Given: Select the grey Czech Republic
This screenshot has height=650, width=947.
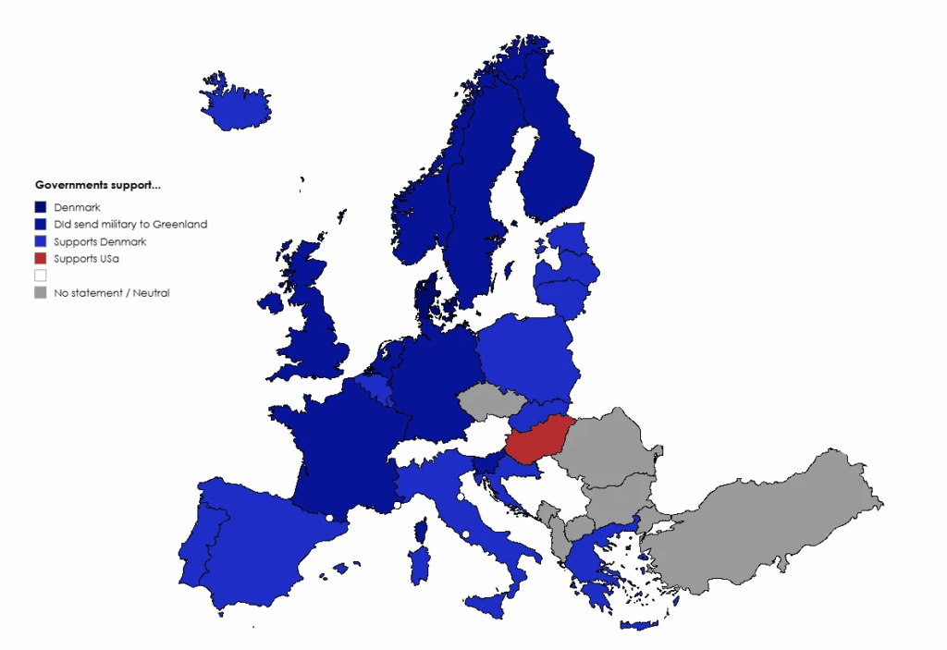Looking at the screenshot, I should pos(490,401).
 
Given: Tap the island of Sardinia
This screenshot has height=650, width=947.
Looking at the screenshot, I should pos(419,564).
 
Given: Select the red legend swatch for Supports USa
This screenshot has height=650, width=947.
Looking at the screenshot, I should pos(41,259).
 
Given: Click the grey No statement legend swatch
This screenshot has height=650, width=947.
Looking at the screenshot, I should pos(41,293).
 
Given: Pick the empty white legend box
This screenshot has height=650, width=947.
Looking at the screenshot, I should pos(41,276).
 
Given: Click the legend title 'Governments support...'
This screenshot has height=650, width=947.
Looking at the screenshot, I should pos(97,186).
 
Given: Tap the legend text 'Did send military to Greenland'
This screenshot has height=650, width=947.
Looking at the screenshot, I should pos(130,225).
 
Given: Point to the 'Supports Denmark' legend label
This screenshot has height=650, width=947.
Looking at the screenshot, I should pos(100,242).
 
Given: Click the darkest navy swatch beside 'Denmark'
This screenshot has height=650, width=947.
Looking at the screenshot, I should pos(41,207).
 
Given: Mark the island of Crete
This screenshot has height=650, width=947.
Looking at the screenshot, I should pos(639,625).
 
